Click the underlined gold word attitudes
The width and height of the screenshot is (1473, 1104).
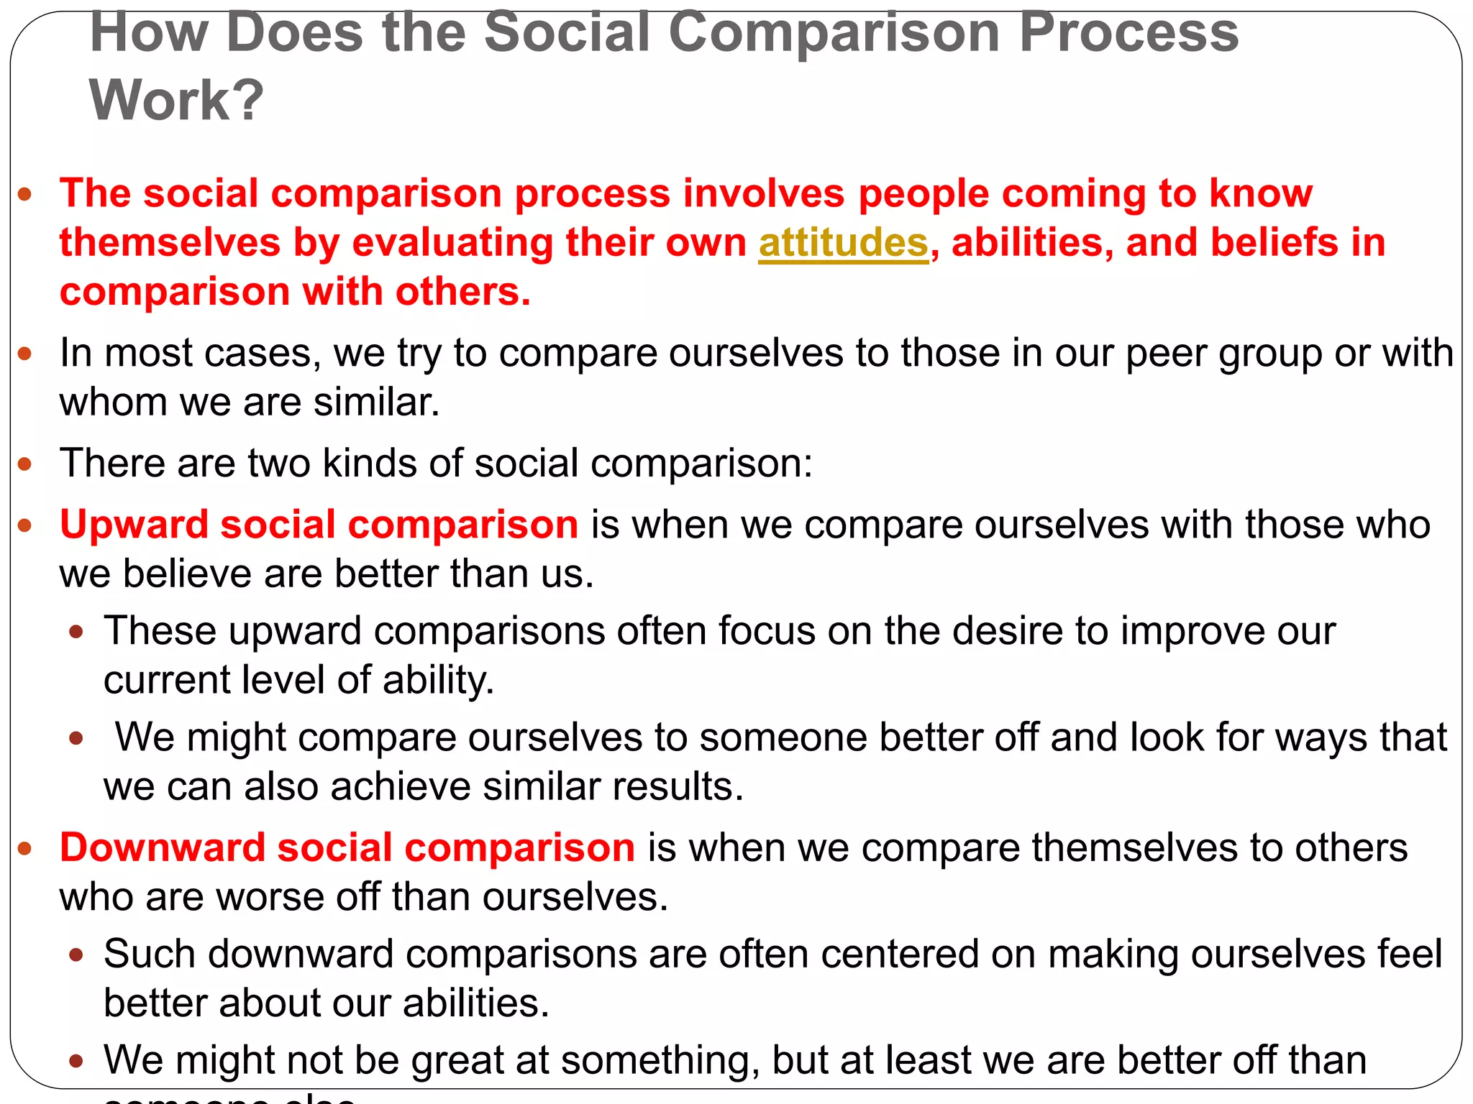[843, 243]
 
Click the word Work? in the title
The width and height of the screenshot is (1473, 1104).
[176, 100]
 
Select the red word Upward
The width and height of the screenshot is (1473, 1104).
[132, 525]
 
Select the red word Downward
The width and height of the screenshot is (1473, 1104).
[161, 848]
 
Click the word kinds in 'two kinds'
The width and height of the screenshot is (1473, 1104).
[370, 464]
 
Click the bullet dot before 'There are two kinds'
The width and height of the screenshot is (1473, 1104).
[25, 464]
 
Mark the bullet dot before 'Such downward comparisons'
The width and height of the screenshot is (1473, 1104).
[76, 955]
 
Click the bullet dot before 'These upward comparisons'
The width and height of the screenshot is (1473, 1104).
[76, 632]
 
